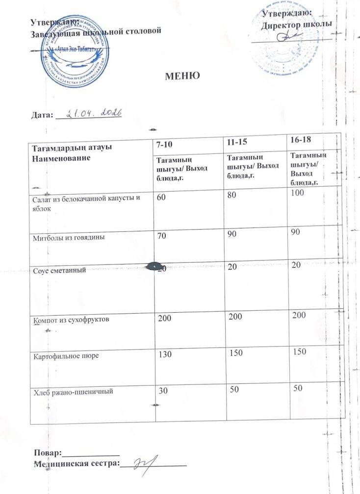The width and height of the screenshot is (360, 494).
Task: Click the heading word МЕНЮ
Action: [182, 76]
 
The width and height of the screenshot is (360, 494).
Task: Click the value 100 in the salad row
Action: [297, 194]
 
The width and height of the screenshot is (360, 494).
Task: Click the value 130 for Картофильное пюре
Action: [165, 354]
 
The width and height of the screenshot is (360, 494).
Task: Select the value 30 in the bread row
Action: [162, 390]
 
